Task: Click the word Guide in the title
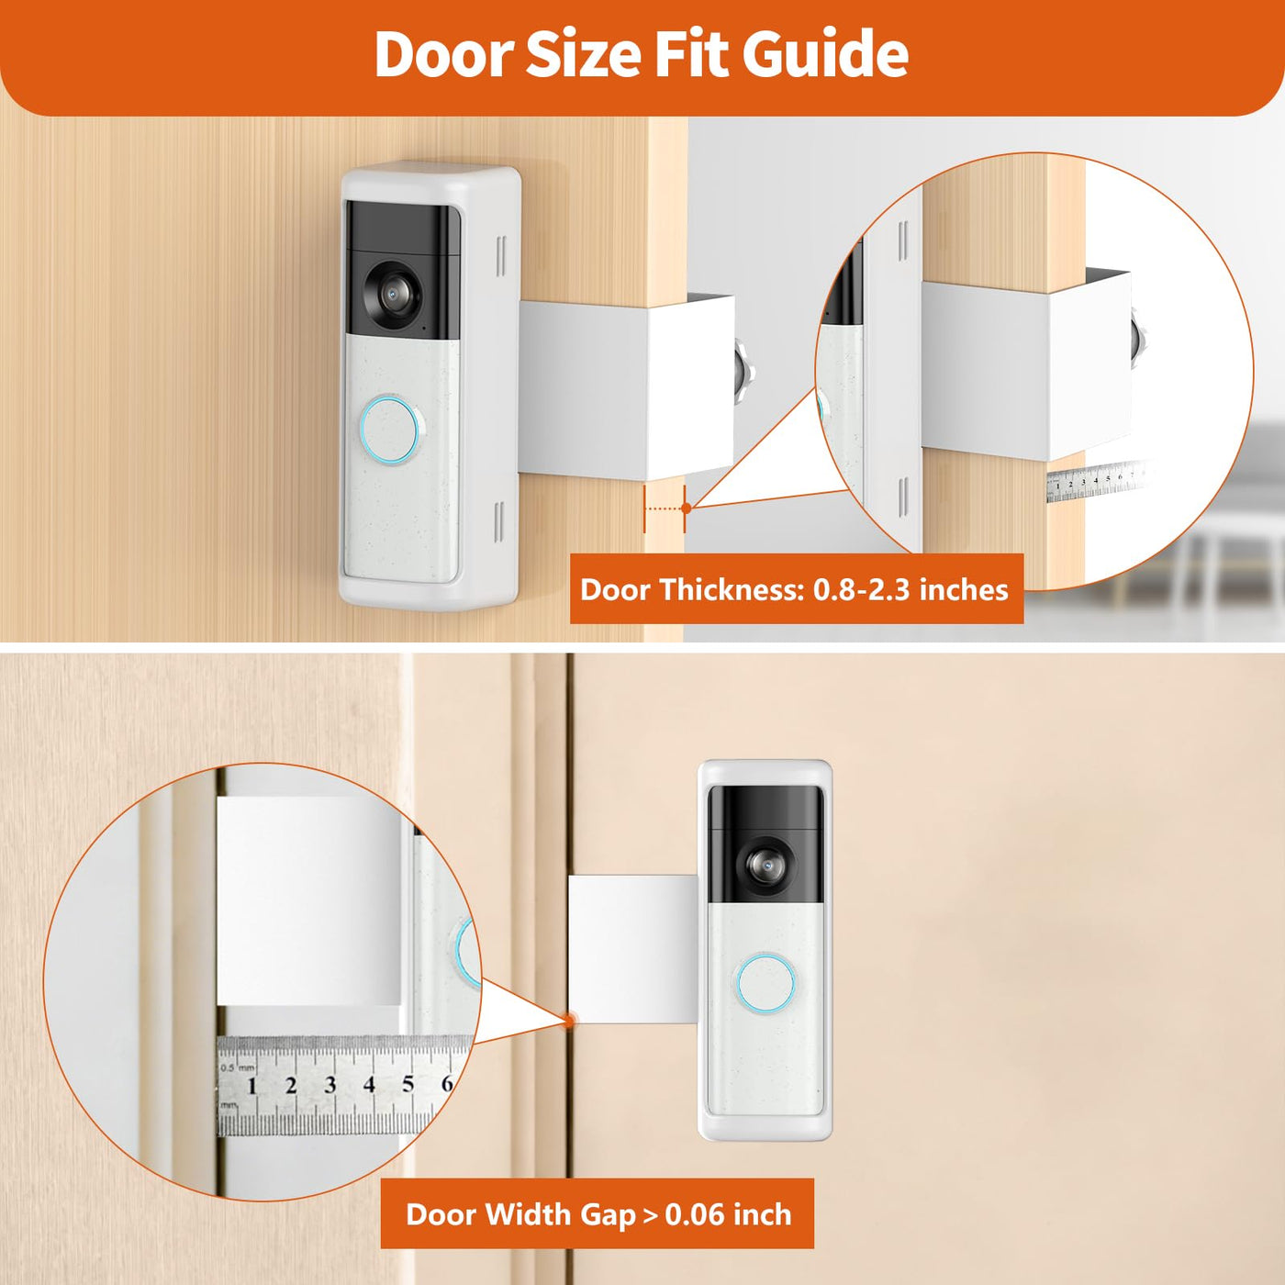point(825,54)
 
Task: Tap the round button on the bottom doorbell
point(766,984)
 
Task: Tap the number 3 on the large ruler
point(330,1085)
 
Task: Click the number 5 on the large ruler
point(408,1084)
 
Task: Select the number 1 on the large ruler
point(252,1086)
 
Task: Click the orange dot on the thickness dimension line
point(687,508)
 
